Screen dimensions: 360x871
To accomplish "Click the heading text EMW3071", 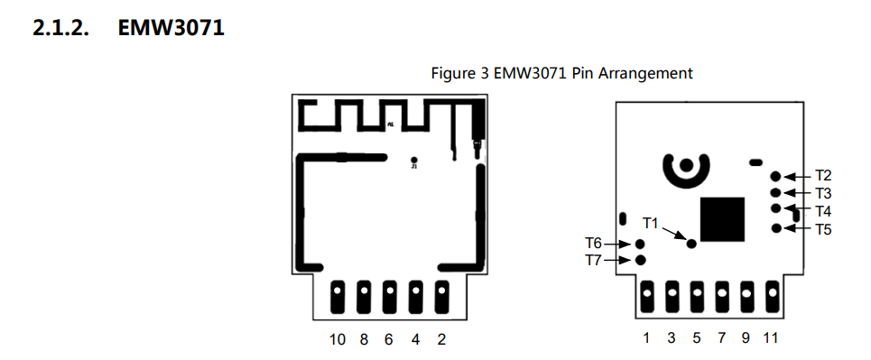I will (171, 29).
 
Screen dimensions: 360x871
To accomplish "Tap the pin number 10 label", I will (338, 339).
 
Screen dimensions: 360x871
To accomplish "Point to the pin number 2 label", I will (441, 339).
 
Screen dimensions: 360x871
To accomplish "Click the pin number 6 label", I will (390, 339).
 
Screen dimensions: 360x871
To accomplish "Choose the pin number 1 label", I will (646, 338).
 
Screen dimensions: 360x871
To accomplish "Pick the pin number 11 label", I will (770, 338).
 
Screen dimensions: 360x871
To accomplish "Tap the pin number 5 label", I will (696, 338).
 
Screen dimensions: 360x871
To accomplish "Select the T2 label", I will (823, 175).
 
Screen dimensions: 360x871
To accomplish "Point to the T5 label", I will (823, 229).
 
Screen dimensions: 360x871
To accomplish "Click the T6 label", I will (593, 243).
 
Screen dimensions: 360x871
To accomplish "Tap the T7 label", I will (593, 260).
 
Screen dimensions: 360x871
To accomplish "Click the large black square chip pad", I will (723, 219).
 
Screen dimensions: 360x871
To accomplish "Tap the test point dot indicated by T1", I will (691, 243).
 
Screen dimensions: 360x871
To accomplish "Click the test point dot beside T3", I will (776, 192).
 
